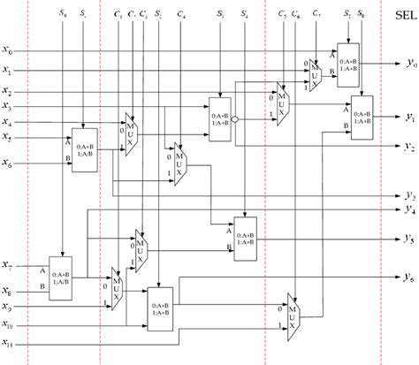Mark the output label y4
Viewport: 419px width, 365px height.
click(x=409, y=209)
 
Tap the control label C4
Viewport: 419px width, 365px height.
click(x=181, y=16)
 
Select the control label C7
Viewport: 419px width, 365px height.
click(x=316, y=16)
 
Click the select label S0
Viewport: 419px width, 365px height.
click(x=61, y=15)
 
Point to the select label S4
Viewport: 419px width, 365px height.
click(x=244, y=16)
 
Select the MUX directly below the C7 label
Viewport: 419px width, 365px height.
click(x=316, y=78)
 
